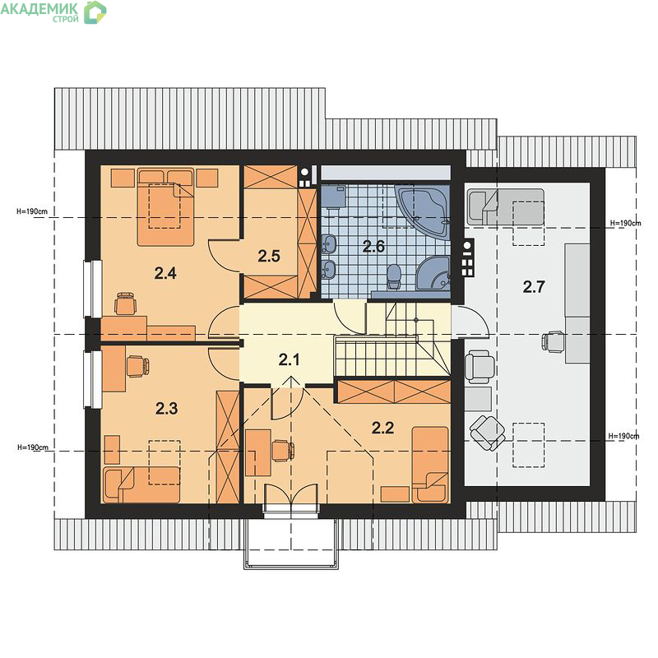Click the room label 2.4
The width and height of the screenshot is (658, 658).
165,274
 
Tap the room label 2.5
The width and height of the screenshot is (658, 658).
269,256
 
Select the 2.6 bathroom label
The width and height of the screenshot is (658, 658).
373,246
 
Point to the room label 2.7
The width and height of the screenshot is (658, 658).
533,287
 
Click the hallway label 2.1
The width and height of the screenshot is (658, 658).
290,359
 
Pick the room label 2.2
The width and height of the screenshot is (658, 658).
382,428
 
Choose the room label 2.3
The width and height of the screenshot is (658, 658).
167,408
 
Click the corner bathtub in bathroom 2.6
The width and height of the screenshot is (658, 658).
423,212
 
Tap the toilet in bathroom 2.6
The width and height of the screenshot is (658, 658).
394,276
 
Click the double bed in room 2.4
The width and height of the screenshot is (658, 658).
166,207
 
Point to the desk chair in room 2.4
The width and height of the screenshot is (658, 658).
126,304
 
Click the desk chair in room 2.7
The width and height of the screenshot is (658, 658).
552,341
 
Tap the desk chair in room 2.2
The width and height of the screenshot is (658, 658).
283,451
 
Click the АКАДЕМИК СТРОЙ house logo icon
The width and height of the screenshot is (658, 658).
95,12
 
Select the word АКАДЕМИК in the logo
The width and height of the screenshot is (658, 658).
39,8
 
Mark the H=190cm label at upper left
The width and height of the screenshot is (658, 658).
32,211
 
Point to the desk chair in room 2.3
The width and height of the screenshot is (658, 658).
137,366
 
